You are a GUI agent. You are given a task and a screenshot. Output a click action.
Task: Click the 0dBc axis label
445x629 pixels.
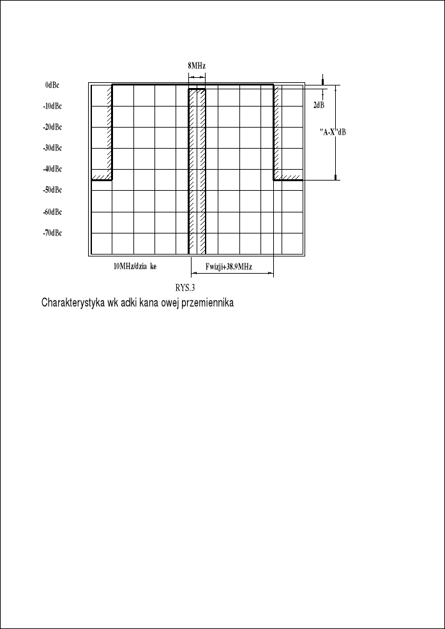click(52, 85)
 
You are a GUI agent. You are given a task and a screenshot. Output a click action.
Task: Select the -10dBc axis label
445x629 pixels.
click(52, 106)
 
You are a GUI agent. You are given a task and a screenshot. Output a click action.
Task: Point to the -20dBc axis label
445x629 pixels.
click(52, 127)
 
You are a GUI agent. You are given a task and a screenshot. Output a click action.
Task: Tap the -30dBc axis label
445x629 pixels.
click(52, 148)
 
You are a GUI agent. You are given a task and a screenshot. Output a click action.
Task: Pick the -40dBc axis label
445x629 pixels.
click(52, 169)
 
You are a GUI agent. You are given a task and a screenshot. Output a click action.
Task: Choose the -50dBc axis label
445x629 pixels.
click(52, 190)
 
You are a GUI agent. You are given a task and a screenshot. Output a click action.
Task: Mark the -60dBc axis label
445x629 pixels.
click(52, 212)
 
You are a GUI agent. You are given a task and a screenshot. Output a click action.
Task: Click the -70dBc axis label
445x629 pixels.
click(52, 233)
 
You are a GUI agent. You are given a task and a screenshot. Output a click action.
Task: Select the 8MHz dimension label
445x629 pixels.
click(197, 66)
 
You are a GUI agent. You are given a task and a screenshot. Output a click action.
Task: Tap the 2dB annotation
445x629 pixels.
click(319, 105)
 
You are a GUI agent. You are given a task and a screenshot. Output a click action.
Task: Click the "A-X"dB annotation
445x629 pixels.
click(332, 132)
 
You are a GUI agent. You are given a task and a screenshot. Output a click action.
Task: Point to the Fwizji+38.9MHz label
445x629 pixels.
click(229, 267)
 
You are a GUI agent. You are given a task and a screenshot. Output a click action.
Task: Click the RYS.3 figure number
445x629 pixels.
click(185, 288)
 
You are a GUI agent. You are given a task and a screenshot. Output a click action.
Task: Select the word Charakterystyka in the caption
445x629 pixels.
click(71, 302)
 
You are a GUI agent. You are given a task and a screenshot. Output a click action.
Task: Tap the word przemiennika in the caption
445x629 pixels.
click(211, 302)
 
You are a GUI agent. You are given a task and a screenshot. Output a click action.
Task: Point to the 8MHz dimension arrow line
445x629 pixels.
click(197, 77)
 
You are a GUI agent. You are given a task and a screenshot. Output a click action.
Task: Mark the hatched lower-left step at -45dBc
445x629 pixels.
click(102, 177)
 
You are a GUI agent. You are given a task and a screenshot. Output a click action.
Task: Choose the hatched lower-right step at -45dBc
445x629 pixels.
click(288, 177)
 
